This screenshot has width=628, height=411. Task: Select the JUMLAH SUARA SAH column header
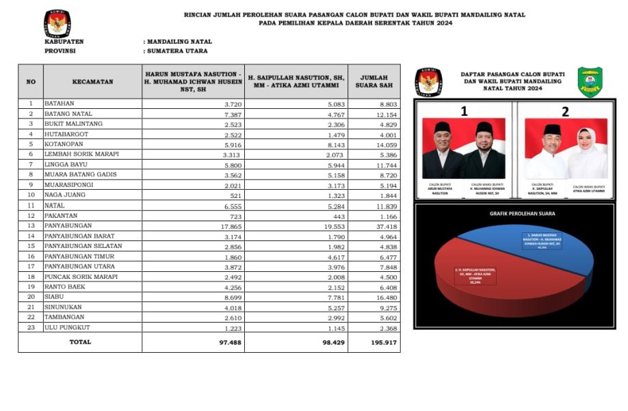[x=374, y=82]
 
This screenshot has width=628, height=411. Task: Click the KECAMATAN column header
[x=92, y=82]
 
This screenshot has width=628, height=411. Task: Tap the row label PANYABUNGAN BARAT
[x=79, y=236]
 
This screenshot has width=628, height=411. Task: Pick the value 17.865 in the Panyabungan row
[x=227, y=225]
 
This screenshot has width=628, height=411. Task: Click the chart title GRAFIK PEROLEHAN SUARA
[x=522, y=214]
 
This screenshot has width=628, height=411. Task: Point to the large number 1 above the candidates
[x=465, y=112]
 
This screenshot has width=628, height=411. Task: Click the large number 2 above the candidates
[x=565, y=112]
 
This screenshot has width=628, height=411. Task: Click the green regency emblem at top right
[x=590, y=82]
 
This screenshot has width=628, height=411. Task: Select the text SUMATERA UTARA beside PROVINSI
[x=176, y=51]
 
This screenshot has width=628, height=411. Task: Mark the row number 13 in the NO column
[x=31, y=225]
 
